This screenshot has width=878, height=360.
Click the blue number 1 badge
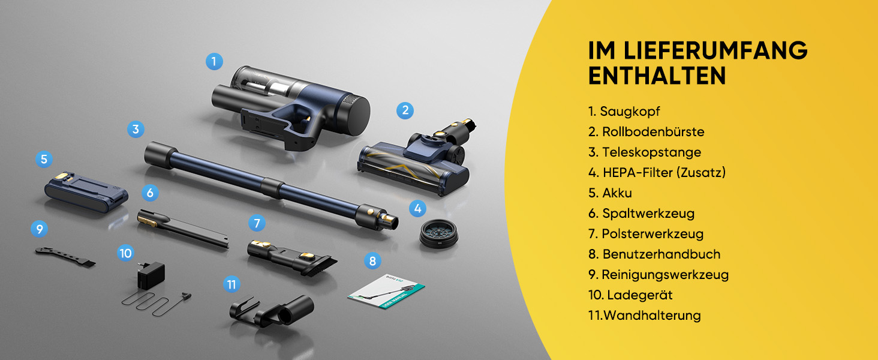[214, 62]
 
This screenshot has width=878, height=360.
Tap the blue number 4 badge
[417, 208]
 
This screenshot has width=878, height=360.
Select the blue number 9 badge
[39, 229]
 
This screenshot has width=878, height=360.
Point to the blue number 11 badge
[231, 284]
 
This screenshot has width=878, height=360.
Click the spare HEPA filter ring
[438, 233]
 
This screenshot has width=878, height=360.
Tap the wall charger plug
[151, 275]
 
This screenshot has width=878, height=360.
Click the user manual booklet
[386, 291]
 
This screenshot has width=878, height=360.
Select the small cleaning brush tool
[65, 257]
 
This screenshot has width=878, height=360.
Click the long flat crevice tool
[183, 229]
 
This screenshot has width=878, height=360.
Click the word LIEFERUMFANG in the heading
[715, 50]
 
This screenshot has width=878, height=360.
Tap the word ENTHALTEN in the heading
[657, 76]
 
